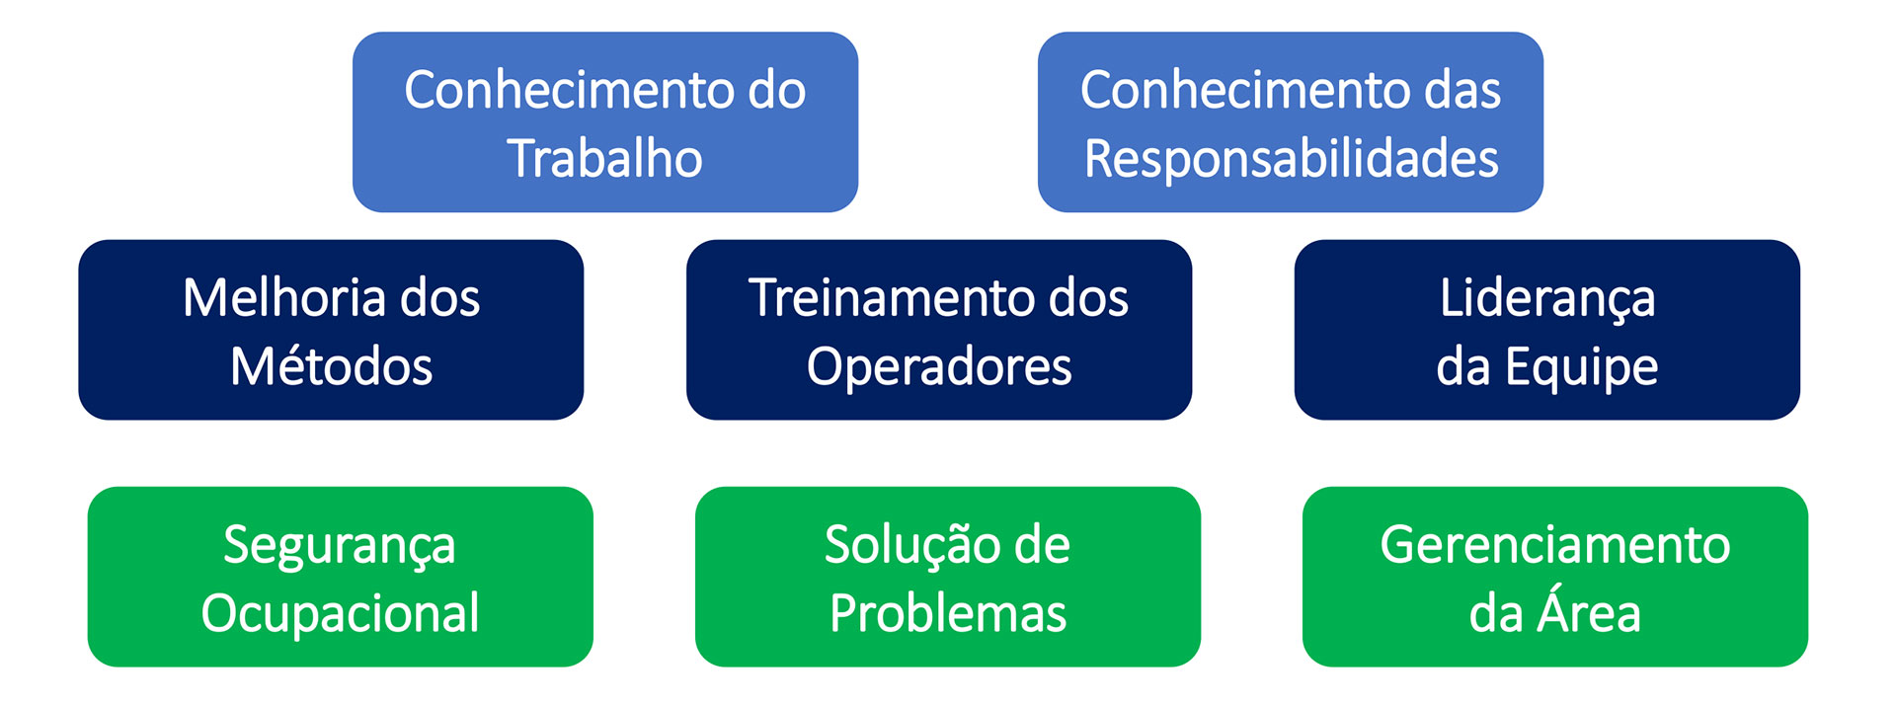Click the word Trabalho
604,158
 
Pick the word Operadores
939,368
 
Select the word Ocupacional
340,615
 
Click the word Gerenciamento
1555,544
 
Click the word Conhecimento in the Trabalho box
566,90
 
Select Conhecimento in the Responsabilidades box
1242,90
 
